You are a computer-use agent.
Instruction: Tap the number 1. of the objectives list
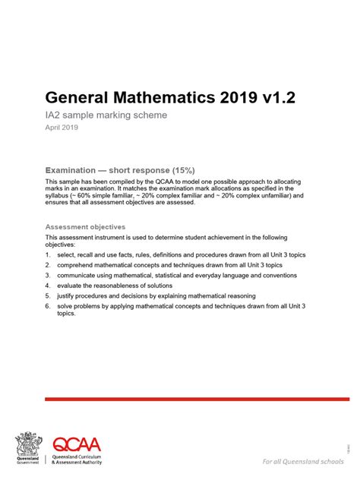[x=48, y=255]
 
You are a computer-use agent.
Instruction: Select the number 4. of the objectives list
[x=48, y=285]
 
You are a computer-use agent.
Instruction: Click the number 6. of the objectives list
[x=48, y=305]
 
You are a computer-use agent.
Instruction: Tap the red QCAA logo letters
[x=76, y=444]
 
